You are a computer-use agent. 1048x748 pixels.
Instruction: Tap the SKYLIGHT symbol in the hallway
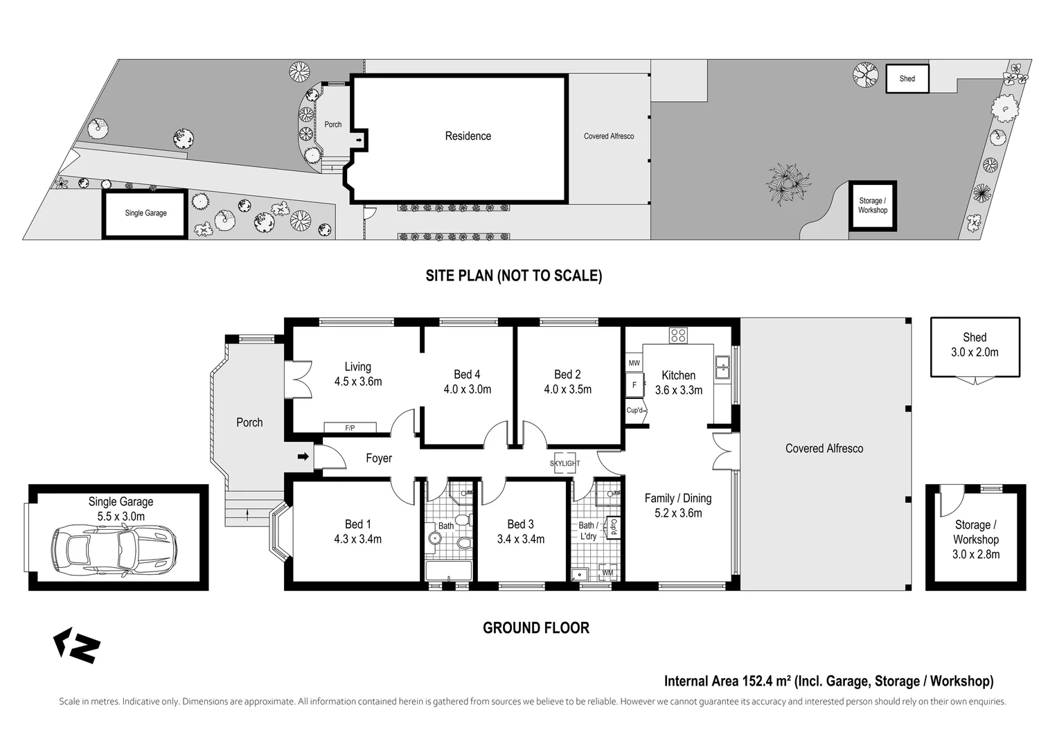565,463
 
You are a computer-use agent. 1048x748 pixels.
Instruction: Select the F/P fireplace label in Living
350,428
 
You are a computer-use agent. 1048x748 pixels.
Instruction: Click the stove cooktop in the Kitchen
677,336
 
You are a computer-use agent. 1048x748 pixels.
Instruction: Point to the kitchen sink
722,366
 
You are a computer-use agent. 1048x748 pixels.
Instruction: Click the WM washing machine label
607,573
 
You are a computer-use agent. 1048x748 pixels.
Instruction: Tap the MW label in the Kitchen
634,363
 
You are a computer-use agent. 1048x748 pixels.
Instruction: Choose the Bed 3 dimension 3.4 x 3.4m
521,539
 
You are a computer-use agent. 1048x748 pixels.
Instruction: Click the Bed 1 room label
357,524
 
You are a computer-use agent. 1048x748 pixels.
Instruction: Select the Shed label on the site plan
907,79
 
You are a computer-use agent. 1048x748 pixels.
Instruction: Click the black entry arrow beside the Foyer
303,456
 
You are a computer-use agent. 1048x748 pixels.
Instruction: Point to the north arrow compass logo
77,645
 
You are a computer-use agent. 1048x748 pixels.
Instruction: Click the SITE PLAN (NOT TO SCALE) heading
513,276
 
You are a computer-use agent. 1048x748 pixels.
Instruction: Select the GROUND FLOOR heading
535,627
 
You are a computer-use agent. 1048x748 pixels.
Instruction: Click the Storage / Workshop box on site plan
872,206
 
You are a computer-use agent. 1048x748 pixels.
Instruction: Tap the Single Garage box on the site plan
145,213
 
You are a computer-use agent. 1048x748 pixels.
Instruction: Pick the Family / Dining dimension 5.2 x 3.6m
677,513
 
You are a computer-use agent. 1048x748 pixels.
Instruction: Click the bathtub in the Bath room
448,571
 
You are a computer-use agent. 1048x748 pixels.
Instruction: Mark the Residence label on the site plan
468,136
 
